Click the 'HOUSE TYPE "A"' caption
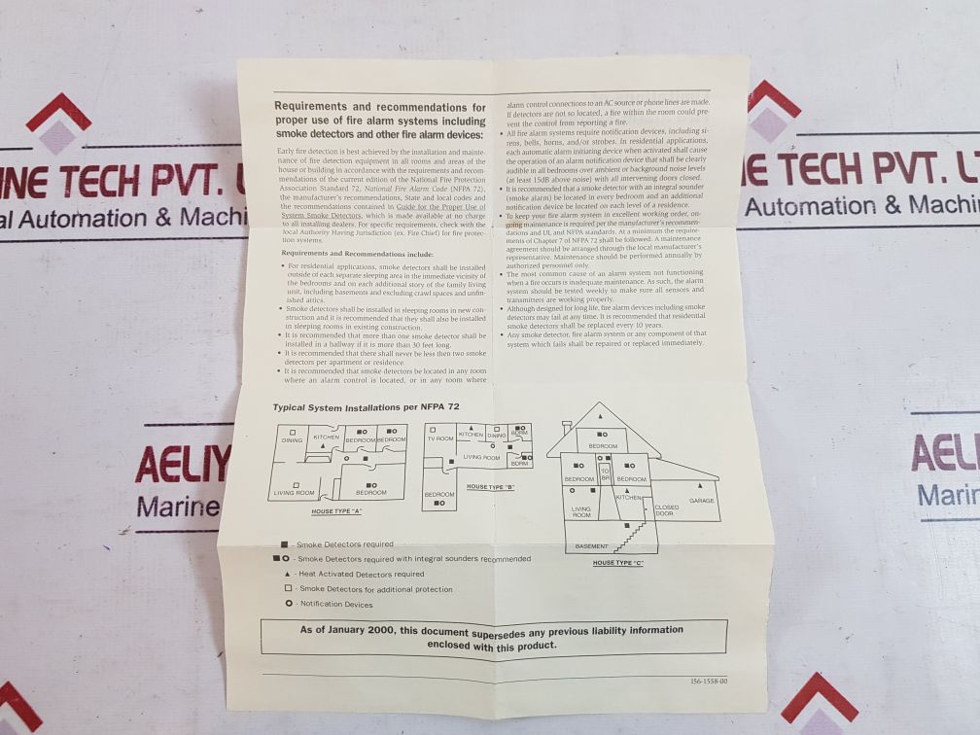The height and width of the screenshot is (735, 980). pyautogui.click(x=336, y=510)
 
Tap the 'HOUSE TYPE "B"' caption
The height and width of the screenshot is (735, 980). pyautogui.click(x=490, y=486)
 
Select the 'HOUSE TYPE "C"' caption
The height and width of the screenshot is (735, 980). pyautogui.click(x=618, y=563)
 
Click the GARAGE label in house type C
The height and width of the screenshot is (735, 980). pyautogui.click(x=701, y=501)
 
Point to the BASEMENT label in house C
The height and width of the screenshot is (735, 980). pyautogui.click(x=591, y=546)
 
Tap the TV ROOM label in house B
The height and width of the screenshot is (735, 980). pyautogui.click(x=440, y=438)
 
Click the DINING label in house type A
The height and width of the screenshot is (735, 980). pyautogui.click(x=292, y=440)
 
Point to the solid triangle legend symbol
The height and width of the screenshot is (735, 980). pyautogui.click(x=285, y=574)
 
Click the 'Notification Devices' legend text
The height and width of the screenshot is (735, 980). pyautogui.click(x=336, y=604)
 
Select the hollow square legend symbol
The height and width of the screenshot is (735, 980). pyautogui.click(x=287, y=588)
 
